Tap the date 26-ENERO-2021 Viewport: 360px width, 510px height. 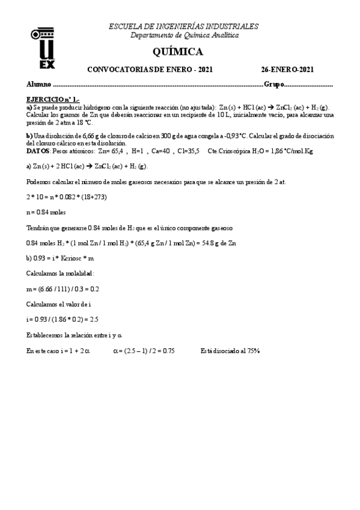287,69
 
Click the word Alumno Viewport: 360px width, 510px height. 40,84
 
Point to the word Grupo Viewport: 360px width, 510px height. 273,84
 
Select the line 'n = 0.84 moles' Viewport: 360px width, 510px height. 47,212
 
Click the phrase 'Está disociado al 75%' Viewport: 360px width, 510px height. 230,351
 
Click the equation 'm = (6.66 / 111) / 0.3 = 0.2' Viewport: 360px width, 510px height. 63,289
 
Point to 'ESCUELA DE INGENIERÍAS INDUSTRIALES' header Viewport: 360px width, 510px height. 183,26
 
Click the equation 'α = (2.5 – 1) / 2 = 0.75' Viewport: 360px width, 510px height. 144,351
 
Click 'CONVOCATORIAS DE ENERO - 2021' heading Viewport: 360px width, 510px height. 150,69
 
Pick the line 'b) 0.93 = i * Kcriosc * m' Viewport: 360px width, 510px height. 61,258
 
